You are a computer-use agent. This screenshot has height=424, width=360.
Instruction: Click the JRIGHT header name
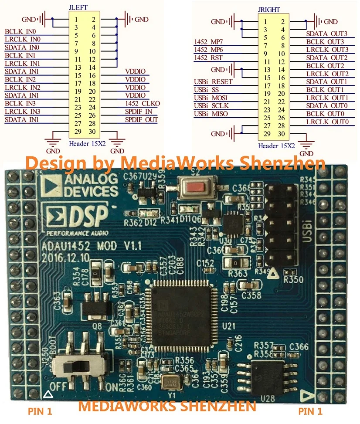coord(270,9)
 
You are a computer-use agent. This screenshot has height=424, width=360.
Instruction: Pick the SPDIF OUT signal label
coord(142,119)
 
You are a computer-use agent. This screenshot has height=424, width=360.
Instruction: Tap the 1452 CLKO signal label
coord(143,103)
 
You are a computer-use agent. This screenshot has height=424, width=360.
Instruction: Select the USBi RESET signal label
coord(213,81)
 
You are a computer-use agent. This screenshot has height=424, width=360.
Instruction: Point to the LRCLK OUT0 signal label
coord(327,122)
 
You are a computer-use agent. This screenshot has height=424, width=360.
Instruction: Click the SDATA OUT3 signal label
coord(327,34)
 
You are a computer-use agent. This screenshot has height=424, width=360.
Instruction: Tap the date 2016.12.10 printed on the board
coord(65,257)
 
